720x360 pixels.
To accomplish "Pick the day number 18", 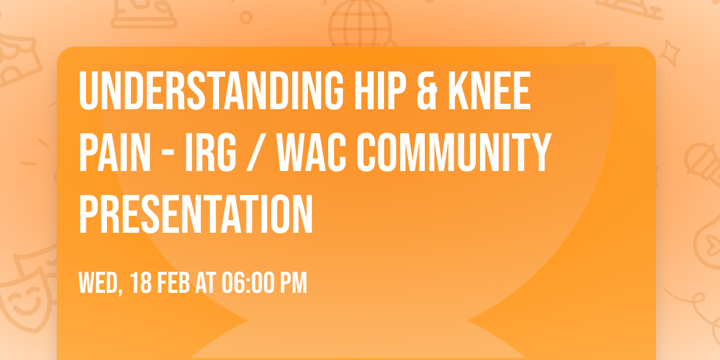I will tap(142, 283).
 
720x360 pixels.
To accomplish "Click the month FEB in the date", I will tap(174, 283).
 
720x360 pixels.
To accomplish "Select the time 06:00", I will tap(247, 283).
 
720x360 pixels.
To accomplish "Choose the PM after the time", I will tap(294, 283).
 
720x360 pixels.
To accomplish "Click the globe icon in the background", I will tap(359, 24).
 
